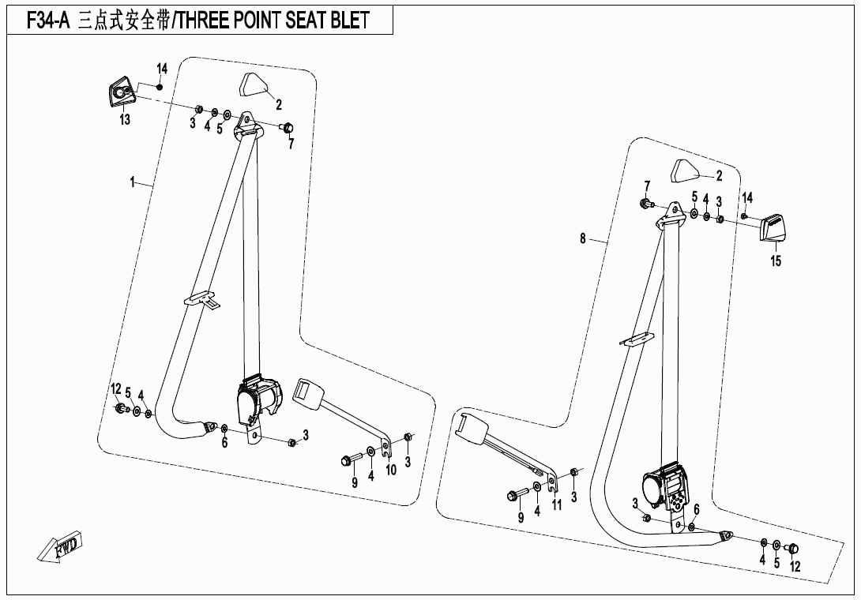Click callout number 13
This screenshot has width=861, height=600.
(x=125, y=120)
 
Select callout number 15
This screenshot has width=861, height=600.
(x=776, y=261)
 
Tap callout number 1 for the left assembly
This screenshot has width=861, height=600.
(x=133, y=182)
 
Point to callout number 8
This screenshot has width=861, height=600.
(x=583, y=238)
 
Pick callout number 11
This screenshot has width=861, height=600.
(x=557, y=505)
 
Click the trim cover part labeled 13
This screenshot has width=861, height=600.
(x=121, y=93)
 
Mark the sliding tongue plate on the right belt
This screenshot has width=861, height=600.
(x=637, y=339)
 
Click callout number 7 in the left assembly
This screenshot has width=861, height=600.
(x=291, y=144)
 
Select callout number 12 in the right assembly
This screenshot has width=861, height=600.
(x=795, y=566)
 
